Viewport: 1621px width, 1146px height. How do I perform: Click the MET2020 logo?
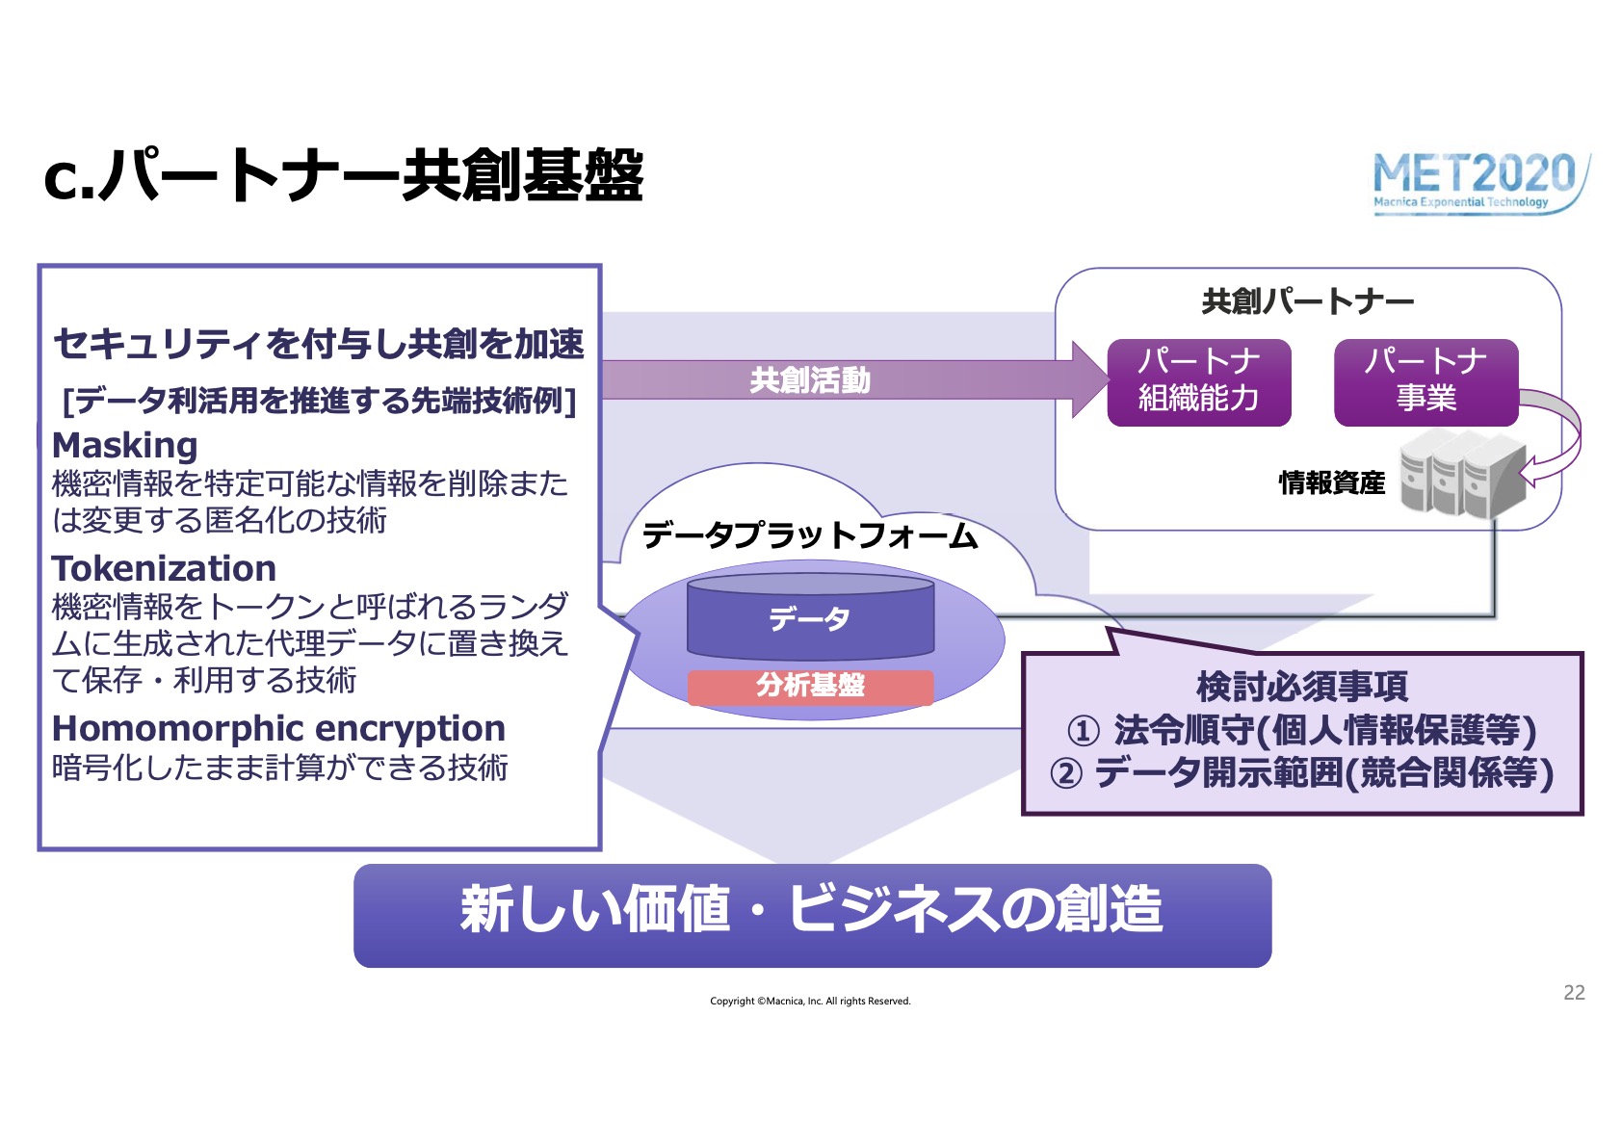click(1480, 182)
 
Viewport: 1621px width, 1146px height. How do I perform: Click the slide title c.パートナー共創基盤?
click(344, 176)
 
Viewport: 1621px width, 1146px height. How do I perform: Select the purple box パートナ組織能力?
click(1199, 382)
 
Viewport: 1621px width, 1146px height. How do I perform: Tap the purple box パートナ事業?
click(1425, 382)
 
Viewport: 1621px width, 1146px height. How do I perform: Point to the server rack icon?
click(1463, 473)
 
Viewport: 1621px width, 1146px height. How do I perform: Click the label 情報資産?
click(1331, 482)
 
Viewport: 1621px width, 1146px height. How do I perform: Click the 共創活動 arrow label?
click(810, 379)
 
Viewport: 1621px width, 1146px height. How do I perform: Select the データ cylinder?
click(811, 616)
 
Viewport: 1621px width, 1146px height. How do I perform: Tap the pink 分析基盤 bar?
click(811, 687)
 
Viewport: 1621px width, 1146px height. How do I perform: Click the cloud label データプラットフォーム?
click(811, 536)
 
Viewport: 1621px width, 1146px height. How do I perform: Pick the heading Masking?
click(124, 446)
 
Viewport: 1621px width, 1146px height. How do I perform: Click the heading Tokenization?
click(165, 568)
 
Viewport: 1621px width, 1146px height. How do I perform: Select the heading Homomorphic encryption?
click(278, 729)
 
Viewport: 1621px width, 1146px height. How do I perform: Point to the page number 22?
click(1574, 993)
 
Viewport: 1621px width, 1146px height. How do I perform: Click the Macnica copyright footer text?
click(811, 1002)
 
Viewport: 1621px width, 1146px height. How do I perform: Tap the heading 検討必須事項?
click(1302, 687)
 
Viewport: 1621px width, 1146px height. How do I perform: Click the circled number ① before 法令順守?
click(1084, 731)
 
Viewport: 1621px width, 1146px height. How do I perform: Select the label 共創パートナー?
click(1308, 301)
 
